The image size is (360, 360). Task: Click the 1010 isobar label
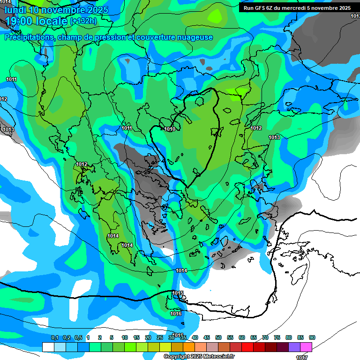(170, 129)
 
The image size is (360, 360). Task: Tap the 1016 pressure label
(176, 314)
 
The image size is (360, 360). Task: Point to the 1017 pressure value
(302, 357)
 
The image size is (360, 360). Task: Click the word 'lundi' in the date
(15, 9)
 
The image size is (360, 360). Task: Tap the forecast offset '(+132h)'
(83, 21)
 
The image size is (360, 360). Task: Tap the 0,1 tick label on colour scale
(55, 338)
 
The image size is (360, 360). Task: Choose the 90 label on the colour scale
(312, 338)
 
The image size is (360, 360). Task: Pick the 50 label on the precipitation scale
(218, 338)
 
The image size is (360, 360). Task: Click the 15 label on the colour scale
(136, 338)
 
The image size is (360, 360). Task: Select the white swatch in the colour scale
(48, 347)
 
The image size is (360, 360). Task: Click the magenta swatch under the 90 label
(306, 347)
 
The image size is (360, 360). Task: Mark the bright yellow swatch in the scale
(165, 347)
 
